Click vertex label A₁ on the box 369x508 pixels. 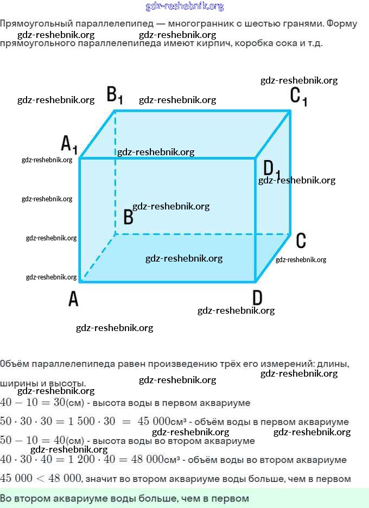tap(69, 144)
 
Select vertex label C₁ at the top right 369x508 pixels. tap(298, 96)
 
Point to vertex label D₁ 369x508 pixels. tap(272, 169)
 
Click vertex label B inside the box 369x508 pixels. tap(128, 217)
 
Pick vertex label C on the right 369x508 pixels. tap(301, 240)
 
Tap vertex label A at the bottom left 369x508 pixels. tap(73, 298)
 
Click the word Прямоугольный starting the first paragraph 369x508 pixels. tap(30, 24)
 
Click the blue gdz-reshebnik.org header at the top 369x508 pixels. tap(184, 7)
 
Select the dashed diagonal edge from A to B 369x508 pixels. tap(98, 258)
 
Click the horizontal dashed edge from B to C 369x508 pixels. tap(201, 234)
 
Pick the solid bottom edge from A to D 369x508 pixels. tap(168, 281)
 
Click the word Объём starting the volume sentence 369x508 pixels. tap(13, 364)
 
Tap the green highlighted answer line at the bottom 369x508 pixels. tap(125, 498)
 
